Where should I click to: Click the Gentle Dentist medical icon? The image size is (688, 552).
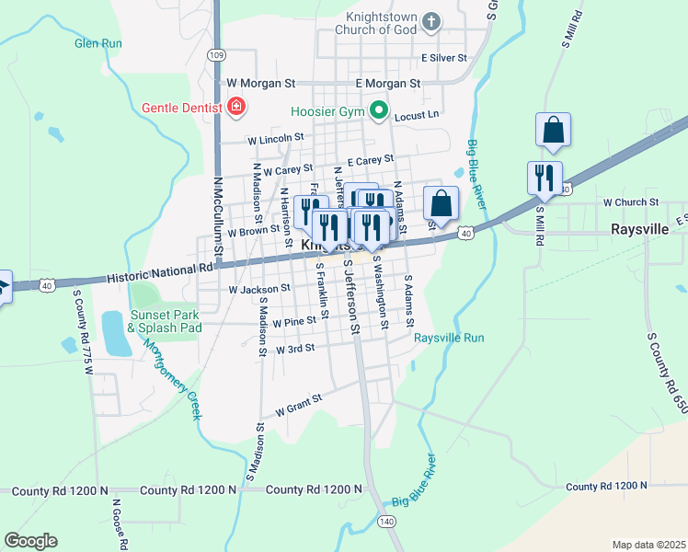tap(236, 108)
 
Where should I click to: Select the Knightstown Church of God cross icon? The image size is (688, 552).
tap(433, 20)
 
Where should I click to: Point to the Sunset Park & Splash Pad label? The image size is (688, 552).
tap(164, 320)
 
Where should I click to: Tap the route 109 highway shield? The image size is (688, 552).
tap(216, 55)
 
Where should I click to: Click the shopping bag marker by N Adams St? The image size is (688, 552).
tap(441, 203)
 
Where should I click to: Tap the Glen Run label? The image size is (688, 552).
tap(98, 43)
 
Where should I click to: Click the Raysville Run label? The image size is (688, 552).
tap(448, 338)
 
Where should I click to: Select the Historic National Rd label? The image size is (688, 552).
tap(159, 273)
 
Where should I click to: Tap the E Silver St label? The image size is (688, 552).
tap(444, 57)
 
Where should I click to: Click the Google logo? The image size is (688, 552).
tap(31, 540)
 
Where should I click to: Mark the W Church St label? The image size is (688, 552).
tap(631, 201)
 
